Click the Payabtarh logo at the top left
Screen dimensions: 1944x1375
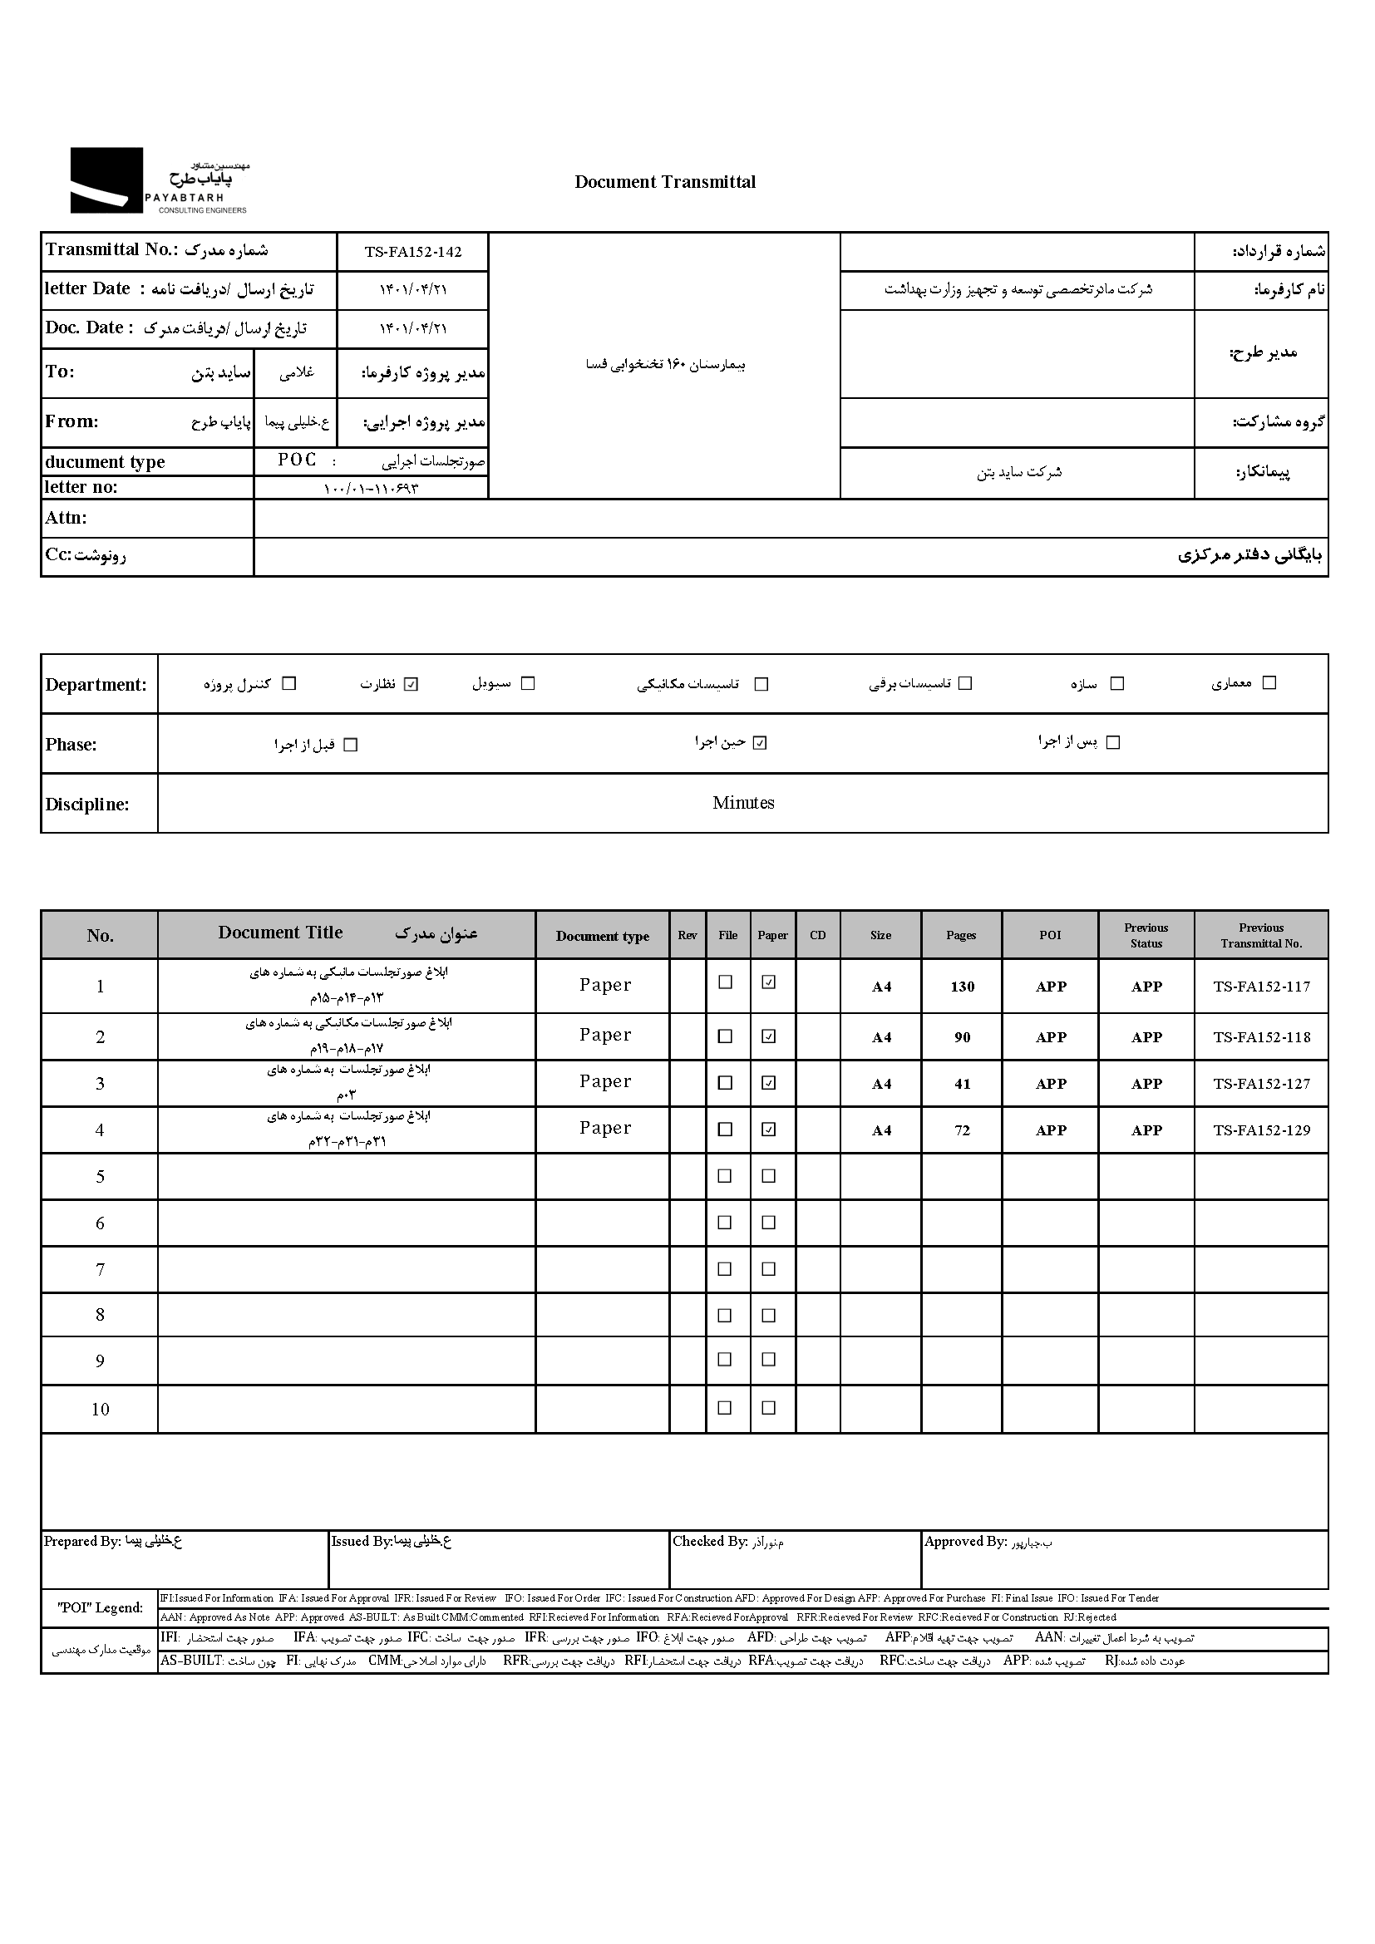(158, 180)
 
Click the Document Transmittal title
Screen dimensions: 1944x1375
(665, 182)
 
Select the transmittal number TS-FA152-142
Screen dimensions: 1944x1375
(413, 252)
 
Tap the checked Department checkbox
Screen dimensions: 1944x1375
(412, 684)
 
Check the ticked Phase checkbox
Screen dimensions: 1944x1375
(761, 743)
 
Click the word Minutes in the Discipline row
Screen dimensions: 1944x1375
(742, 803)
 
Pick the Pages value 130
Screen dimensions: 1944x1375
(962, 987)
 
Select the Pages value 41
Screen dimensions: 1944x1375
(962, 1084)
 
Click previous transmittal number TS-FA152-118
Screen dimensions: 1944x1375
(1261, 1037)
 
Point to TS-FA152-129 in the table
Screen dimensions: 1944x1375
(1261, 1130)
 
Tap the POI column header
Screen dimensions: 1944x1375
(1050, 936)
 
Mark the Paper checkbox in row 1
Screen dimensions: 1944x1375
(769, 982)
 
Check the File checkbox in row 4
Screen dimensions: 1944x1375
(726, 1129)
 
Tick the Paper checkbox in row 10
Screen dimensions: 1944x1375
(769, 1408)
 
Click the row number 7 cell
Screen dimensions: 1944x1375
(100, 1269)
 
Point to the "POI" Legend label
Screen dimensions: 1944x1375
(100, 1608)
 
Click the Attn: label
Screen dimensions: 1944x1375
(66, 518)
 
